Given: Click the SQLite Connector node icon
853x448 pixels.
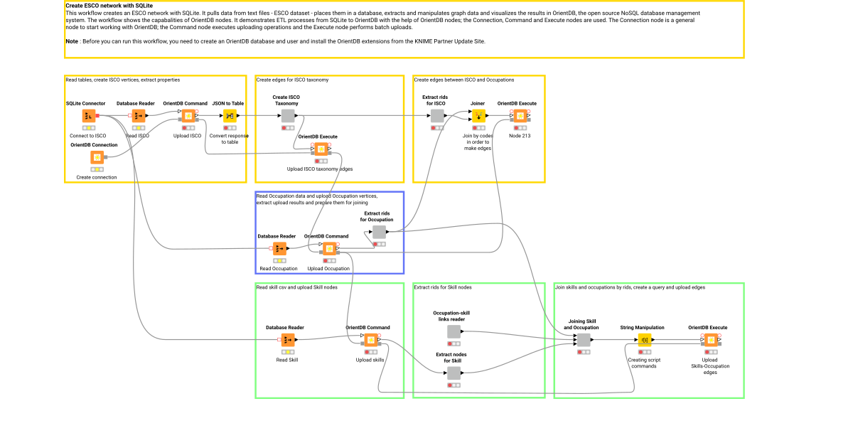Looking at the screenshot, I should [89, 116].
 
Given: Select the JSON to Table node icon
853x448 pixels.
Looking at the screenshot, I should [230, 116].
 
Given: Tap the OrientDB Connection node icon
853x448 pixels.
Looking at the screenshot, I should [96, 157].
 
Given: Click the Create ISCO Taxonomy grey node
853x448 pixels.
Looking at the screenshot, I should [288, 116].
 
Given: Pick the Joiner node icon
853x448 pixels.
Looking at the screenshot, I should [479, 116].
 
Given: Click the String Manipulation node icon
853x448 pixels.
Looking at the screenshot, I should [644, 341].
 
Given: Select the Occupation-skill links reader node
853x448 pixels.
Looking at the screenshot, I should [454, 331].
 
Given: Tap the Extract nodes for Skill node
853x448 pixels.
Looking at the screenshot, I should [454, 373].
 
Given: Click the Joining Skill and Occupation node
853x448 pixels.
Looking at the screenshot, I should [583, 341].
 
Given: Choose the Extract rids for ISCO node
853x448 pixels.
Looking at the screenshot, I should [437, 116].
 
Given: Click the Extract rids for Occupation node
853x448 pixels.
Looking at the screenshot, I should [379, 232].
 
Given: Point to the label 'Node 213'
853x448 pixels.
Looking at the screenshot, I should [520, 135].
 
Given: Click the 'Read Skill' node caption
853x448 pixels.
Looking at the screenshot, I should [287, 360].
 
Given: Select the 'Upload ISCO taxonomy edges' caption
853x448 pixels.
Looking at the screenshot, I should [319, 169].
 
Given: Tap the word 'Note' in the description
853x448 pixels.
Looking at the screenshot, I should [71, 42].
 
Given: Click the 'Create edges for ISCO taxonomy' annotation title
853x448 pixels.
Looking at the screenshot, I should [292, 80].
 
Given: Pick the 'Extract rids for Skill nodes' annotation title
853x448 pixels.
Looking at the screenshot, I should [443, 287].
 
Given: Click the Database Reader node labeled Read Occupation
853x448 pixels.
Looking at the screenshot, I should [279, 249].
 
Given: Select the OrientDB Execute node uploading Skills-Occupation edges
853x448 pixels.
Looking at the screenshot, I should [710, 341].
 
